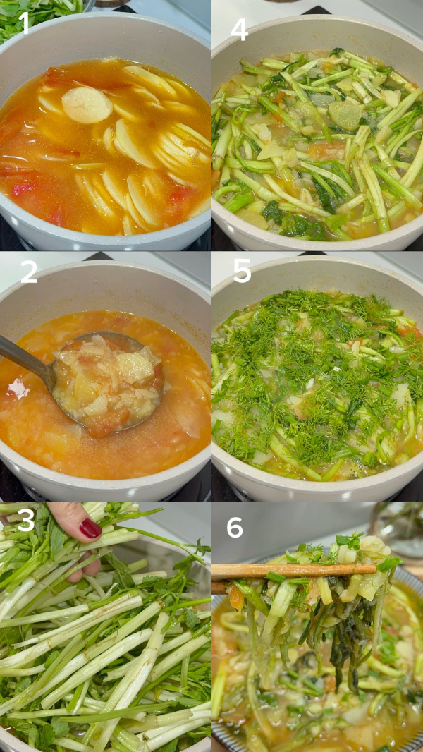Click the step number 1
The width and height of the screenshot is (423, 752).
point(24,23)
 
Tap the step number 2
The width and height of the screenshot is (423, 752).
point(29,272)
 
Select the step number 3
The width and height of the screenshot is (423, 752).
point(26,521)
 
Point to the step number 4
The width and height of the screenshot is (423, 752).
point(239,29)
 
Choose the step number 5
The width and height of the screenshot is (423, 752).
point(242,272)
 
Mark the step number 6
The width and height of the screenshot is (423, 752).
point(235,526)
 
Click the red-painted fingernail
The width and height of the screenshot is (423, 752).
point(90,528)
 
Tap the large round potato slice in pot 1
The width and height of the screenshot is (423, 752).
point(87,105)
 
